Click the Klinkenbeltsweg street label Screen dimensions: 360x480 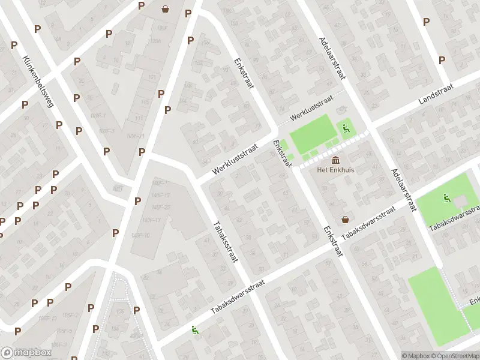click(38, 81)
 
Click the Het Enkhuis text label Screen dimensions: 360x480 click(336, 170)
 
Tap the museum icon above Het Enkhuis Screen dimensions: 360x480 click(335, 160)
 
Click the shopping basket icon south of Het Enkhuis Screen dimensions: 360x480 click(346, 219)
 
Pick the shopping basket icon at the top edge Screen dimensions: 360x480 click(165, 9)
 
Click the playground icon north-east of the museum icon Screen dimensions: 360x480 click(346, 127)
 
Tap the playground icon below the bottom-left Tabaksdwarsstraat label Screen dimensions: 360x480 click(194, 329)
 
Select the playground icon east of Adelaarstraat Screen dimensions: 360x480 click(446, 197)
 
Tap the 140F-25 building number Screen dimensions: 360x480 click(161, 208)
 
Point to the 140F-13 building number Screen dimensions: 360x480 click(160, 196)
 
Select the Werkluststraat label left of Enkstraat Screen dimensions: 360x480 click(234, 159)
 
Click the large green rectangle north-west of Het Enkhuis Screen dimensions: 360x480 click(312, 134)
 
